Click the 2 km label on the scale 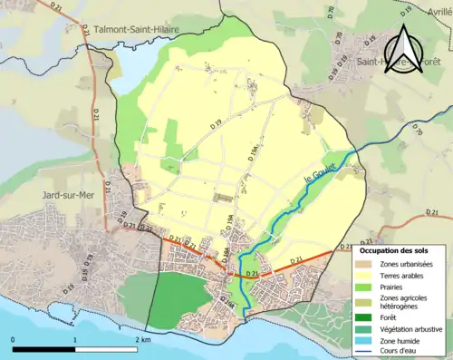[141, 339]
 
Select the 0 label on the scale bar [14, 339]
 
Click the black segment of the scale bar [43, 349]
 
